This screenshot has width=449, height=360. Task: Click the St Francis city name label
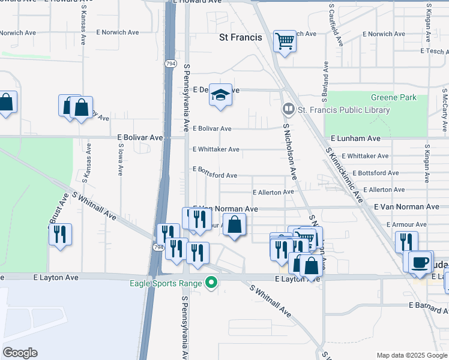pos(240,37)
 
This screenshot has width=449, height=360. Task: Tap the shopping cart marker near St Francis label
pos(285,41)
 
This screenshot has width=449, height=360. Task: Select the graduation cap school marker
pos(221,95)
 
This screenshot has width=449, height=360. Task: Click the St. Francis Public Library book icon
pos(289,110)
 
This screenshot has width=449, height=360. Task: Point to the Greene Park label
pos(393,97)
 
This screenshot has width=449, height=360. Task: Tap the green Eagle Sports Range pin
pos(210,281)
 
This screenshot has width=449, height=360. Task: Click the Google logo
pos(20,353)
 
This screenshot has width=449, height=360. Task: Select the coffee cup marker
pos(421,262)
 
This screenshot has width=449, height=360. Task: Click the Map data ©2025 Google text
pos(411,355)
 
